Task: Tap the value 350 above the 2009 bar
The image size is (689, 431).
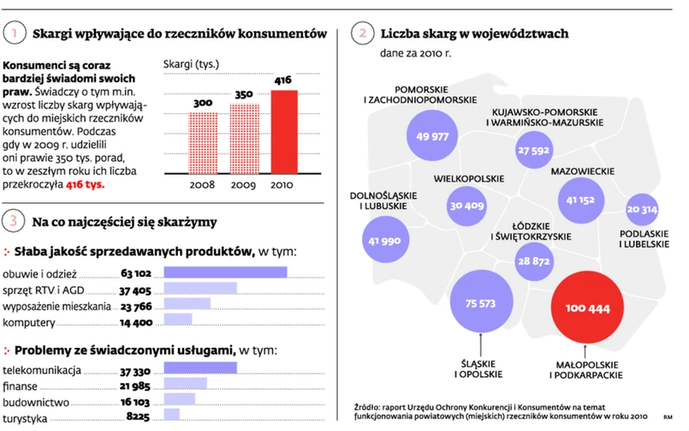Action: coord(244,94)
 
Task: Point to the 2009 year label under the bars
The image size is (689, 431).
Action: coord(244,184)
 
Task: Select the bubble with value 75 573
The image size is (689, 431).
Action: coord(481,303)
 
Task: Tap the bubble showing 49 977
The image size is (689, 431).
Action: coord(432,136)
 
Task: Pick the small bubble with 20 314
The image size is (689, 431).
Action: coord(642,209)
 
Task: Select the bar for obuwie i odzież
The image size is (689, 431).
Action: coord(225,272)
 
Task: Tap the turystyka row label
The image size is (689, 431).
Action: coord(25,418)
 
